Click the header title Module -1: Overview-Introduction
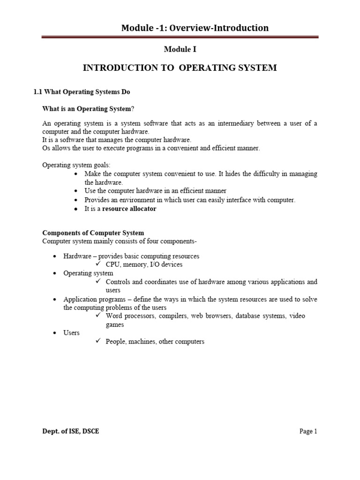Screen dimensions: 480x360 pos(195,28)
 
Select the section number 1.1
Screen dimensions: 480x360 pos(38,92)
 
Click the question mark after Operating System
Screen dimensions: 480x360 pos(133,109)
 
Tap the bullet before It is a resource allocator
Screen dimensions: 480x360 pos(76,209)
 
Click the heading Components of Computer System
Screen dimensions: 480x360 pos(93,233)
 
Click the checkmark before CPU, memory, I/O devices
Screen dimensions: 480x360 pos(98,264)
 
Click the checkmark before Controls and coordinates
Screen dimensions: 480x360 pos(98,282)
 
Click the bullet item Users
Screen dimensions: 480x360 pos(71,333)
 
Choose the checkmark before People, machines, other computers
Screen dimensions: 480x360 pos(98,341)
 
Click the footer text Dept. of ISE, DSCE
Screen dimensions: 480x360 pos(71,431)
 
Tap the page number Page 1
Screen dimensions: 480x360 pos(308,431)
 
